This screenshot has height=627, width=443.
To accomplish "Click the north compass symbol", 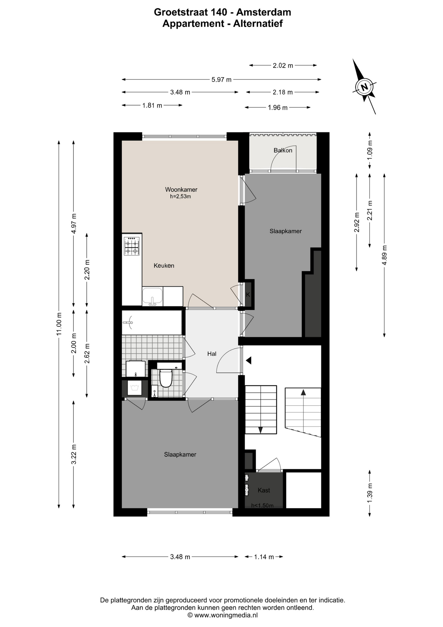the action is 364,87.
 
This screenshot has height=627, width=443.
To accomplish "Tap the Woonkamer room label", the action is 181,189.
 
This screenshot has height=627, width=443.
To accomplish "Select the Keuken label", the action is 164,265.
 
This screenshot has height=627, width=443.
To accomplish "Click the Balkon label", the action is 283,150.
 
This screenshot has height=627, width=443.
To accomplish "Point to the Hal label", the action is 212,353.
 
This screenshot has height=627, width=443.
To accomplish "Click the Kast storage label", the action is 264,490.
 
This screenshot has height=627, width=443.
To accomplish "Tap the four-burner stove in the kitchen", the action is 131,246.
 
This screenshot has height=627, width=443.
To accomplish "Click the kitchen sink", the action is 152,297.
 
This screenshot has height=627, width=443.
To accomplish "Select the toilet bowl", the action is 166,378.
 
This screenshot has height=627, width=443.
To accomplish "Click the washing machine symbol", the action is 134,388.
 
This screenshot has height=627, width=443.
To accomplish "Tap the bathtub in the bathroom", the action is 152,322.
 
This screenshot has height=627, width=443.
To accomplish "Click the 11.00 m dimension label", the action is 59,324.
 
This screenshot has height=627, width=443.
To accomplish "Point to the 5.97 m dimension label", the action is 221,79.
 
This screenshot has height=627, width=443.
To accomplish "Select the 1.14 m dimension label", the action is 264,557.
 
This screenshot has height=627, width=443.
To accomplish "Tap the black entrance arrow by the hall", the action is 249,361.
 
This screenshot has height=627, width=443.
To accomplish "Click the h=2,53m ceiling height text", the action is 180,197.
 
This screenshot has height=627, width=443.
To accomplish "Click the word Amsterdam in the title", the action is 264,12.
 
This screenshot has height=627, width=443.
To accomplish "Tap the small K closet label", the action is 248,295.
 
